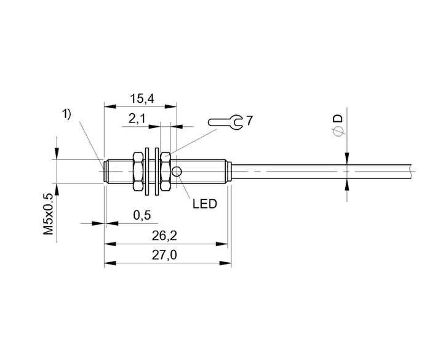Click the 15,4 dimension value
tap(142, 98)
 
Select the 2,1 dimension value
tap(137, 119)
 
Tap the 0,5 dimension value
tap(142, 215)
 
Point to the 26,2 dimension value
tap(164, 236)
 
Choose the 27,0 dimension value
tap(164, 255)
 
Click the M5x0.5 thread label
tap(49, 214)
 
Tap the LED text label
tap(205, 204)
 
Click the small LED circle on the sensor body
tap(177, 171)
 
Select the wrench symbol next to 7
tap(225, 122)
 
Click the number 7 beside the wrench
tap(249, 121)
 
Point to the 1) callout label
tap(66, 114)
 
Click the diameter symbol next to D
tap(338, 132)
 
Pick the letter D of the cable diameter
tap(338, 118)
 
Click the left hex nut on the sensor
tap(137, 171)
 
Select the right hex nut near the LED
tap(166, 171)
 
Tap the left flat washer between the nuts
tap(147, 171)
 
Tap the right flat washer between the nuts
tap(156, 171)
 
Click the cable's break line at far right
tap(411, 171)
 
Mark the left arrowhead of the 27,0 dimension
tap(110, 263)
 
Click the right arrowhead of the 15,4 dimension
tap(170, 106)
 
